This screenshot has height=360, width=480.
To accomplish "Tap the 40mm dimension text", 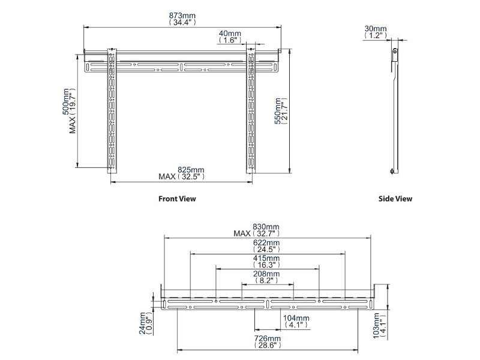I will (x=230, y=33).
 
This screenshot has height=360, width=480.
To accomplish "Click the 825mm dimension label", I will (x=182, y=170).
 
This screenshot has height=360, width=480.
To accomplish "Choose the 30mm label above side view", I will (x=375, y=28).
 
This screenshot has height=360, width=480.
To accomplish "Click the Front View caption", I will (x=177, y=199).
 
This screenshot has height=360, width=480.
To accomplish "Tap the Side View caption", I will (x=395, y=199).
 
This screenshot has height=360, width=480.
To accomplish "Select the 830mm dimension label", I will (x=268, y=227).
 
